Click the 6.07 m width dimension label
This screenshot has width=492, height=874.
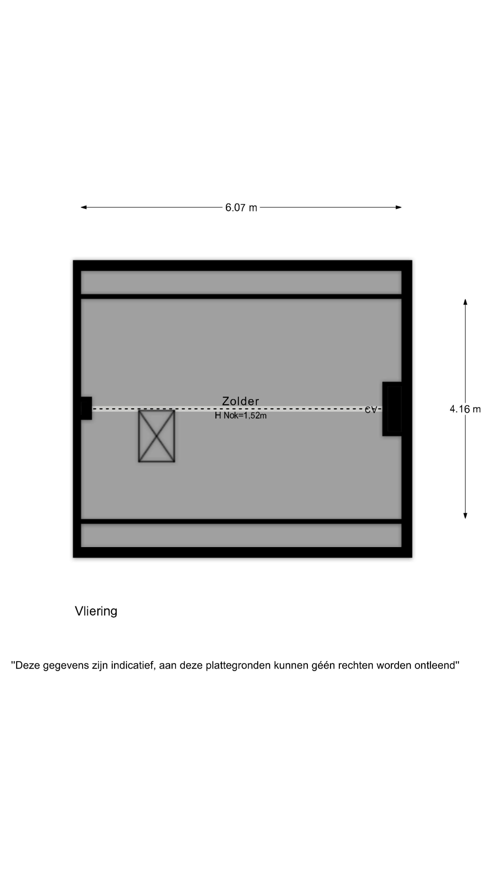click(241, 207)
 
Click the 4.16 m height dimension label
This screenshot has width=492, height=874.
click(465, 409)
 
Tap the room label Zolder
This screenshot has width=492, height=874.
click(240, 401)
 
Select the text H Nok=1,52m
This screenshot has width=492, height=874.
click(240, 415)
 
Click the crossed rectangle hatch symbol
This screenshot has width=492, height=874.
click(156, 436)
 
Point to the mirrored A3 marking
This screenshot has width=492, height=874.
click(371, 409)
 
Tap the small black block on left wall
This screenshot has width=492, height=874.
click(86, 408)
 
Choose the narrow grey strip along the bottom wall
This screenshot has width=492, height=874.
click(241, 535)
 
